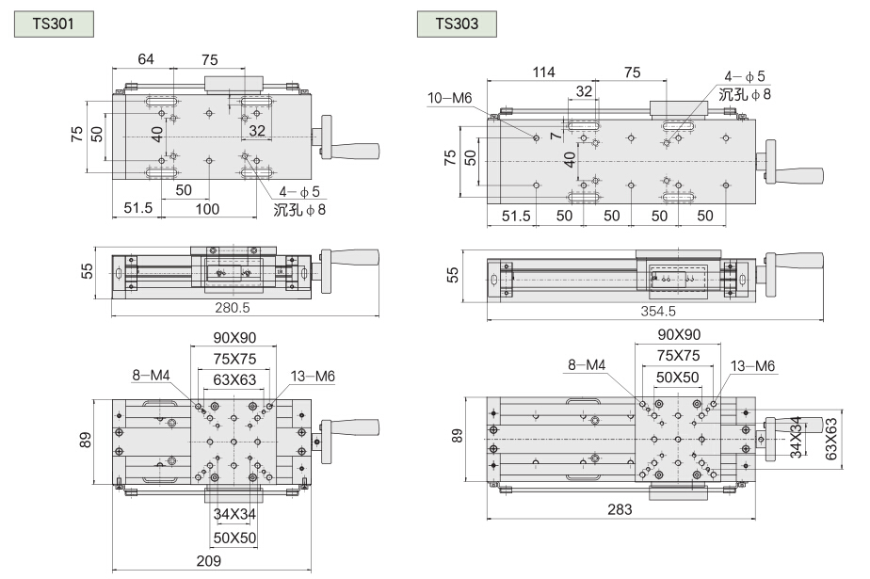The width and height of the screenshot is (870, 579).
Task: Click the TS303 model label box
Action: coord(457,21)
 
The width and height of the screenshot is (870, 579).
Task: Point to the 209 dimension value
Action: coord(208,561)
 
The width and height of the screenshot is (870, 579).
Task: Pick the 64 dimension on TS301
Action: coord(146,58)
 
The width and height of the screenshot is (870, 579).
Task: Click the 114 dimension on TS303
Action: coord(543,73)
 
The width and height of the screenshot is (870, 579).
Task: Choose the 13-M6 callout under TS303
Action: coord(751,367)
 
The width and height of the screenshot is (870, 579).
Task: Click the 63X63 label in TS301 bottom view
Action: coord(234,379)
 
